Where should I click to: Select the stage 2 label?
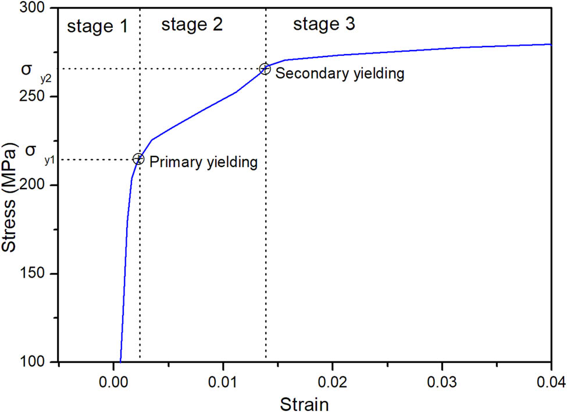(192, 24)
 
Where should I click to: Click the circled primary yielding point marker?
(138, 159)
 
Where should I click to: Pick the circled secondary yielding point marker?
(265, 69)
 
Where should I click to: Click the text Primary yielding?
(204, 162)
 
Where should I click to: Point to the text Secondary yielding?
(340, 73)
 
